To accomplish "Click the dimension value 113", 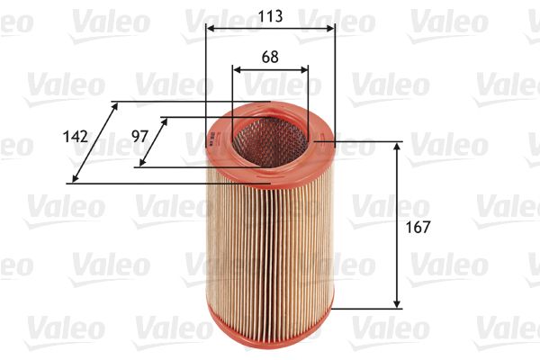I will pyautogui.click(x=270, y=15).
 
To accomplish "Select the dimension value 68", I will pyautogui.click(x=269, y=56).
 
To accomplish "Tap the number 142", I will pyautogui.click(x=76, y=136).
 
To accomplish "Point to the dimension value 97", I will pyautogui.click(x=139, y=136).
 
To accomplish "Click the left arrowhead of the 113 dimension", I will pyautogui.click(x=210, y=29).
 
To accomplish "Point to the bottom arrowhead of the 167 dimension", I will pyautogui.click(x=397, y=303).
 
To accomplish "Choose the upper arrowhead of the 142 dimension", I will pyautogui.click(x=114, y=106).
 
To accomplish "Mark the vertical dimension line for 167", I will pyautogui.click(x=397, y=225).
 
